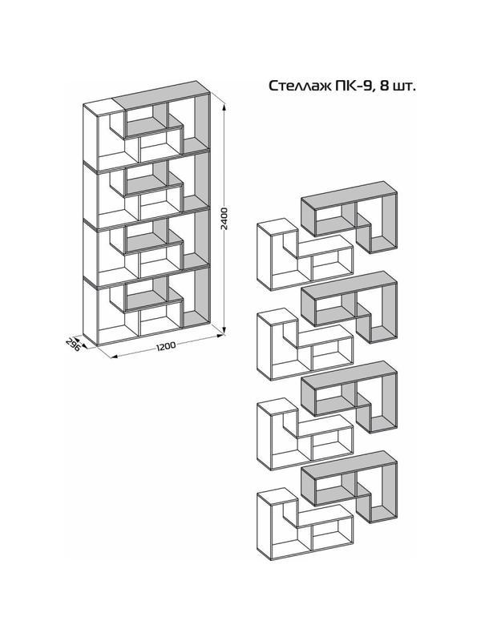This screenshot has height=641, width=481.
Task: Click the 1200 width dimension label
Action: (x=166, y=347)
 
